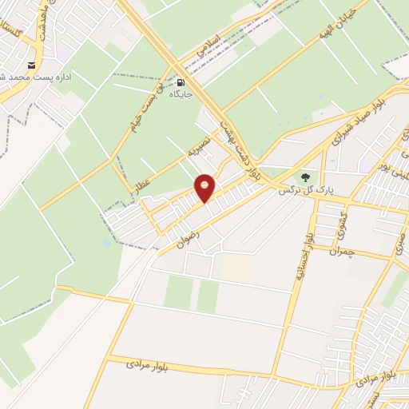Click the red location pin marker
coord(205,188)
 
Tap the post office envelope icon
coord(32,65)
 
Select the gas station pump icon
coord(181,82)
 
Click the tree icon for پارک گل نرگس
coord(304,177)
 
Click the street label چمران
coord(344,252)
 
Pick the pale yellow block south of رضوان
coord(236,268)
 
